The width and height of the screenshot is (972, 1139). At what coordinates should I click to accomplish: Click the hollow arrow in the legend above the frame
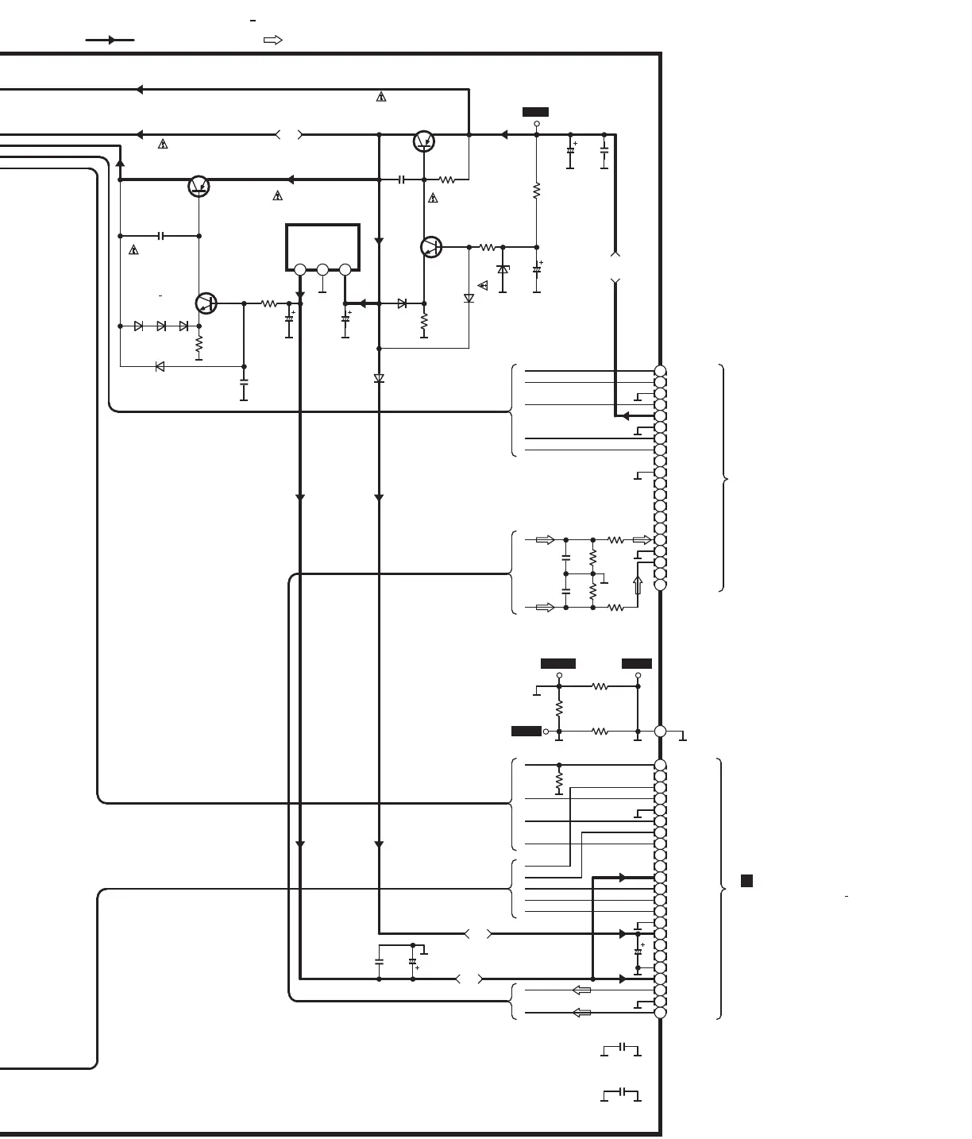272,40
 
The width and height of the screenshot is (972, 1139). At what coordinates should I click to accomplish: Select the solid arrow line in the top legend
110,40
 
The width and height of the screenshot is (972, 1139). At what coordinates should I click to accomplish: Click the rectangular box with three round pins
322,247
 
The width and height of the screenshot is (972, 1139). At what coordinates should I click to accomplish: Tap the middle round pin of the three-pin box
322,270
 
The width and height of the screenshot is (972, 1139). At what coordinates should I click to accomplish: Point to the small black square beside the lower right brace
746,880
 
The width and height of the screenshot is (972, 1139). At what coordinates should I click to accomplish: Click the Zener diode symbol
503,269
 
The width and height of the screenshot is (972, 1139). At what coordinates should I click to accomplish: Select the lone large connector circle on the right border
660,731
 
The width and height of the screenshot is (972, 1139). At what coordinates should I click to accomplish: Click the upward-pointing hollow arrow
637,585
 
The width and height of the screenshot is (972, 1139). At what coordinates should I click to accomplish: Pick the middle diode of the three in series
161,326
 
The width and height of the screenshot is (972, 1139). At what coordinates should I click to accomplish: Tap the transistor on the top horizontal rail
424,141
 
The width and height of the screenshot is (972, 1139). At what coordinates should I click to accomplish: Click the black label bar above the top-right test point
535,112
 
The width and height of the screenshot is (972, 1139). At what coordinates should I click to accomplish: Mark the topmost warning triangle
381,97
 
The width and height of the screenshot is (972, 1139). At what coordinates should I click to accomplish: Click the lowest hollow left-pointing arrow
582,1013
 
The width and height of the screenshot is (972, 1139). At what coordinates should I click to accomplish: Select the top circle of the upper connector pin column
660,371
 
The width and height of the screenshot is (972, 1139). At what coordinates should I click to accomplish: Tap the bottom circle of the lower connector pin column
660,1013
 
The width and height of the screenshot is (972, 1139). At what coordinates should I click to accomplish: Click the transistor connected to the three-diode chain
206,303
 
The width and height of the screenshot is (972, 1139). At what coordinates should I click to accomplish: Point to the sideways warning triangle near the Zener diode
483,285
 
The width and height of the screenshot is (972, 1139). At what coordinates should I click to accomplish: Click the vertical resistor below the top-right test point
536,191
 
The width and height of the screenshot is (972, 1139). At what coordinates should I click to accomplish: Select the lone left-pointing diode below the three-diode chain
160,366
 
